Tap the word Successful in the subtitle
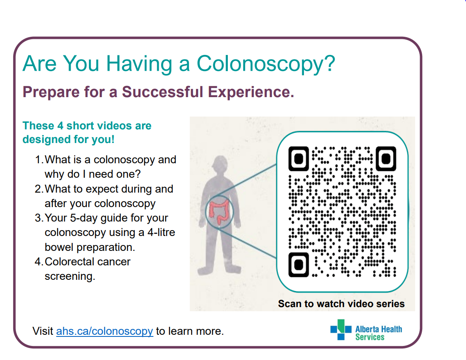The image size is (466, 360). pyautogui.click(x=163, y=91)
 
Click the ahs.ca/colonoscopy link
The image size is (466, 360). pyautogui.click(x=105, y=331)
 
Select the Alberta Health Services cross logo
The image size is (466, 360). pyautogui.click(x=341, y=329)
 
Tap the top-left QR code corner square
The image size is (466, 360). pyautogui.click(x=299, y=159)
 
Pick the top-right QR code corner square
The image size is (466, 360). pyautogui.click(x=386, y=159)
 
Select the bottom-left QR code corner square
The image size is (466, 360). pyautogui.click(x=299, y=265)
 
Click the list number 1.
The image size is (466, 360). pyautogui.click(x=39, y=160)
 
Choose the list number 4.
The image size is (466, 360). pyautogui.click(x=39, y=262)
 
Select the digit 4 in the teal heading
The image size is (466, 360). pyautogui.click(x=60, y=126)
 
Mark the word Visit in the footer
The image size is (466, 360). pyautogui.click(x=43, y=331)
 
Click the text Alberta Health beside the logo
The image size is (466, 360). pyautogui.click(x=379, y=329)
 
